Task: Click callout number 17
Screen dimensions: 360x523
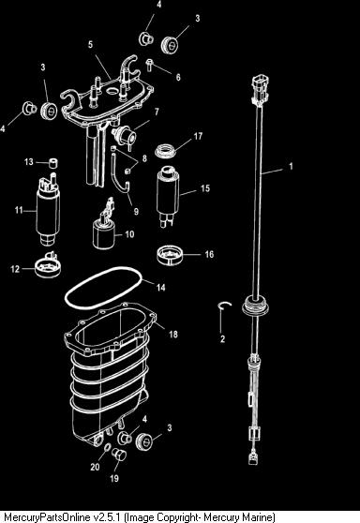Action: coord(198,136)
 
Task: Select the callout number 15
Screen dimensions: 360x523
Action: coord(205,188)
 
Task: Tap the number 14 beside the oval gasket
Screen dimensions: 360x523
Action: coord(161,287)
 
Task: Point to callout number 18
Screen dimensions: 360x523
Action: coord(173,334)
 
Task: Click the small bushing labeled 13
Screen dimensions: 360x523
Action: coord(52,163)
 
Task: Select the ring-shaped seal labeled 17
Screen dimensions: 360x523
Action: coord(166,151)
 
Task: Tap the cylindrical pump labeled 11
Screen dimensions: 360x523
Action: coord(48,209)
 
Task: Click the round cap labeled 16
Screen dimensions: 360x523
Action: coord(171,255)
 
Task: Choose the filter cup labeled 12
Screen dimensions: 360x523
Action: coord(48,266)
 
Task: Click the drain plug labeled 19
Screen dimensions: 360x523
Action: coord(119,454)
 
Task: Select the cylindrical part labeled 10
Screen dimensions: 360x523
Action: coord(104,231)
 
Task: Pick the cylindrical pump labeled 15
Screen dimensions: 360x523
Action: coord(168,196)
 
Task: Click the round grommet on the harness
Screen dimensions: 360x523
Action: coord(255,306)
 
